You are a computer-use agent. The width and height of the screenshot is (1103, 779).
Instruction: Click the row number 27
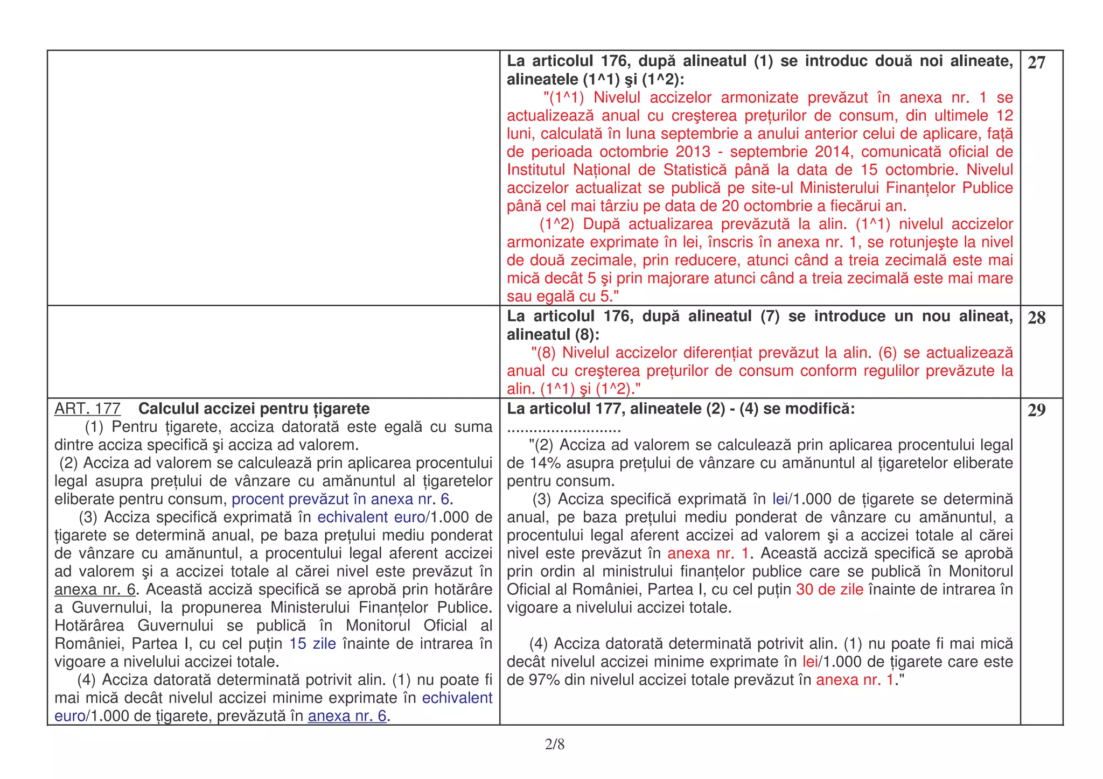point(1036,63)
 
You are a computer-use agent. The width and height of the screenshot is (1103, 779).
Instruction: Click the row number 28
point(1036,318)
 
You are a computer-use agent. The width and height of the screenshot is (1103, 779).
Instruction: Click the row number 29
point(1036,411)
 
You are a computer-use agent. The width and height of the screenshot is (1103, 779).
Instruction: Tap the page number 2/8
point(554,745)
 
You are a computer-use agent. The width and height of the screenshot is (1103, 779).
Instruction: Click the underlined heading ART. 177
point(87,409)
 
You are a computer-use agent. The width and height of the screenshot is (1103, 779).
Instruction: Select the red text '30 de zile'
point(829,589)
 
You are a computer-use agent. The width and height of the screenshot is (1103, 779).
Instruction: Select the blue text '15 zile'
point(312,644)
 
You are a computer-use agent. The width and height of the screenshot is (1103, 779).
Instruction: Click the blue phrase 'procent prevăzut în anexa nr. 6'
point(342,500)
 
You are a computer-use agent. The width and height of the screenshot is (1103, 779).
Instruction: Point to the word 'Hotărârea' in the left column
point(89,626)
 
